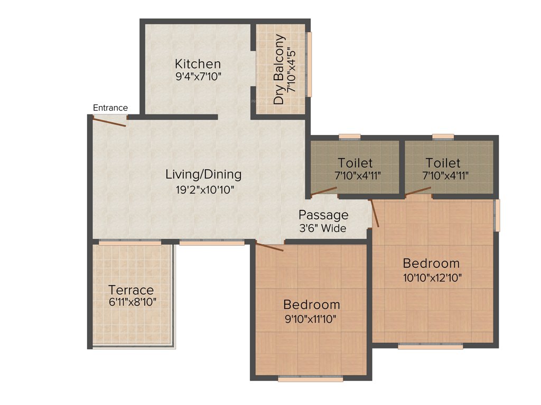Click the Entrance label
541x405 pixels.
coord(110,108)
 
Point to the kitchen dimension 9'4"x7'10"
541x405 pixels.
coord(198,76)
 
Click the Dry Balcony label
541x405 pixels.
coord(279,70)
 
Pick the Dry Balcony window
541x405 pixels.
coord(310,64)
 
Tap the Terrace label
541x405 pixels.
coord(131,290)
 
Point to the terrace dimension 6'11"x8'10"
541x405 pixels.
coord(132,302)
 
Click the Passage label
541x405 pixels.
coord(323,215)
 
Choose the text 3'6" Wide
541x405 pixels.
coord(322,228)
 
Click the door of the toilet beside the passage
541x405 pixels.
coord(323,191)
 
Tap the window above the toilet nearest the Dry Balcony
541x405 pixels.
coord(349,137)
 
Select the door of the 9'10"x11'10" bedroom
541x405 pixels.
coord(269,246)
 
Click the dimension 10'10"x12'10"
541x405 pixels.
coord(431,277)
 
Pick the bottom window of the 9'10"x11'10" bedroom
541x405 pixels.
coord(310,379)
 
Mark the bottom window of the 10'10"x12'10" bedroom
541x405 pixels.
coord(430,346)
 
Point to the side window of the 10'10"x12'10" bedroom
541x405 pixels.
coord(497,215)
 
